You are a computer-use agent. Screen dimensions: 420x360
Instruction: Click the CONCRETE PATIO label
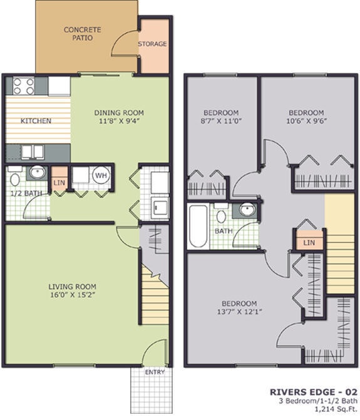[x=80, y=33]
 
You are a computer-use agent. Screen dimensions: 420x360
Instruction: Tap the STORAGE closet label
[x=152, y=44]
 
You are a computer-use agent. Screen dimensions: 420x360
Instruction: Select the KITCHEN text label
[x=36, y=121]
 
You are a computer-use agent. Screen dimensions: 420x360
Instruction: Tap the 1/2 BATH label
[x=26, y=193]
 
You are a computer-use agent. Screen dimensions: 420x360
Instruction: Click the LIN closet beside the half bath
[x=59, y=182]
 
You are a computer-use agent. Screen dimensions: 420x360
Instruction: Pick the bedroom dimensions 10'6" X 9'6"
[x=307, y=120]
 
